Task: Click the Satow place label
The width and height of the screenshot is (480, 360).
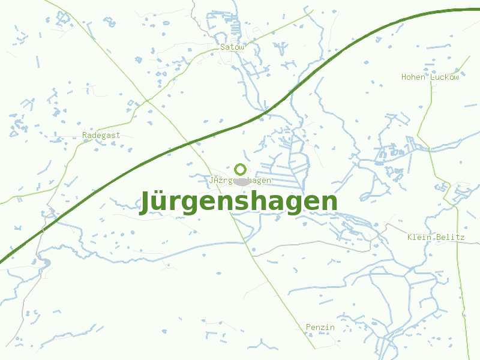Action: (232, 47)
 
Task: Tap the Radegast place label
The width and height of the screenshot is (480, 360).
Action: (101, 136)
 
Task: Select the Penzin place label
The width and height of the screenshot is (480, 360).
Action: (320, 327)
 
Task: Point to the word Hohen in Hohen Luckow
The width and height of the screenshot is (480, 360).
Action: (413, 77)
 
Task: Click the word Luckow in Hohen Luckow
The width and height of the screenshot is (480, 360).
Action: (444, 77)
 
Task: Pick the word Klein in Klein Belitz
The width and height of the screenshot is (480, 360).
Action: (419, 237)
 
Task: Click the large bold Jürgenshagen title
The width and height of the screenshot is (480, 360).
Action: (238, 202)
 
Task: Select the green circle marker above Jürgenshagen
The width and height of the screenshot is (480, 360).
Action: (241, 169)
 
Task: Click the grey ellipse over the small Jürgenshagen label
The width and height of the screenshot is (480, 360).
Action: (241, 181)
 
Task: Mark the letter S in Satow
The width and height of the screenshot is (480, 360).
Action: (223, 47)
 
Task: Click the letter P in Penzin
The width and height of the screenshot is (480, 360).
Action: (308, 327)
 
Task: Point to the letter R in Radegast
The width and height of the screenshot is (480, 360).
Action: (85, 136)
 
